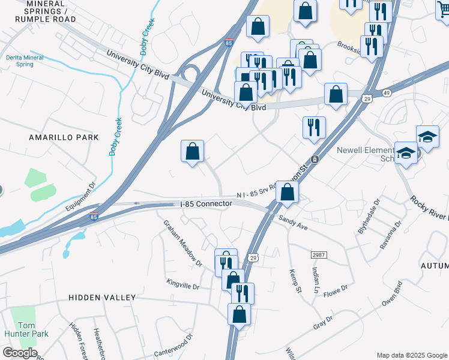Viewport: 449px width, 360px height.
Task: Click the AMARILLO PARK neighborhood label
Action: click(55, 137)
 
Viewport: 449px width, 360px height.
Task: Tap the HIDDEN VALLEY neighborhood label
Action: click(101, 298)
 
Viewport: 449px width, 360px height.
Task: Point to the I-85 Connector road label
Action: click(206, 204)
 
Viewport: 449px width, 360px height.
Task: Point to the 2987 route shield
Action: click(319, 255)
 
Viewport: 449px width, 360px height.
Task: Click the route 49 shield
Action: click(386, 93)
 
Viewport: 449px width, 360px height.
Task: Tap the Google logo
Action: click(19, 353)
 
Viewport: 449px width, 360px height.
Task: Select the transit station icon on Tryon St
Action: click(314, 160)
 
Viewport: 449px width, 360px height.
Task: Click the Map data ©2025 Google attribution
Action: click(412, 355)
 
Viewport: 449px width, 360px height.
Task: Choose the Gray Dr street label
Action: click(322, 323)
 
